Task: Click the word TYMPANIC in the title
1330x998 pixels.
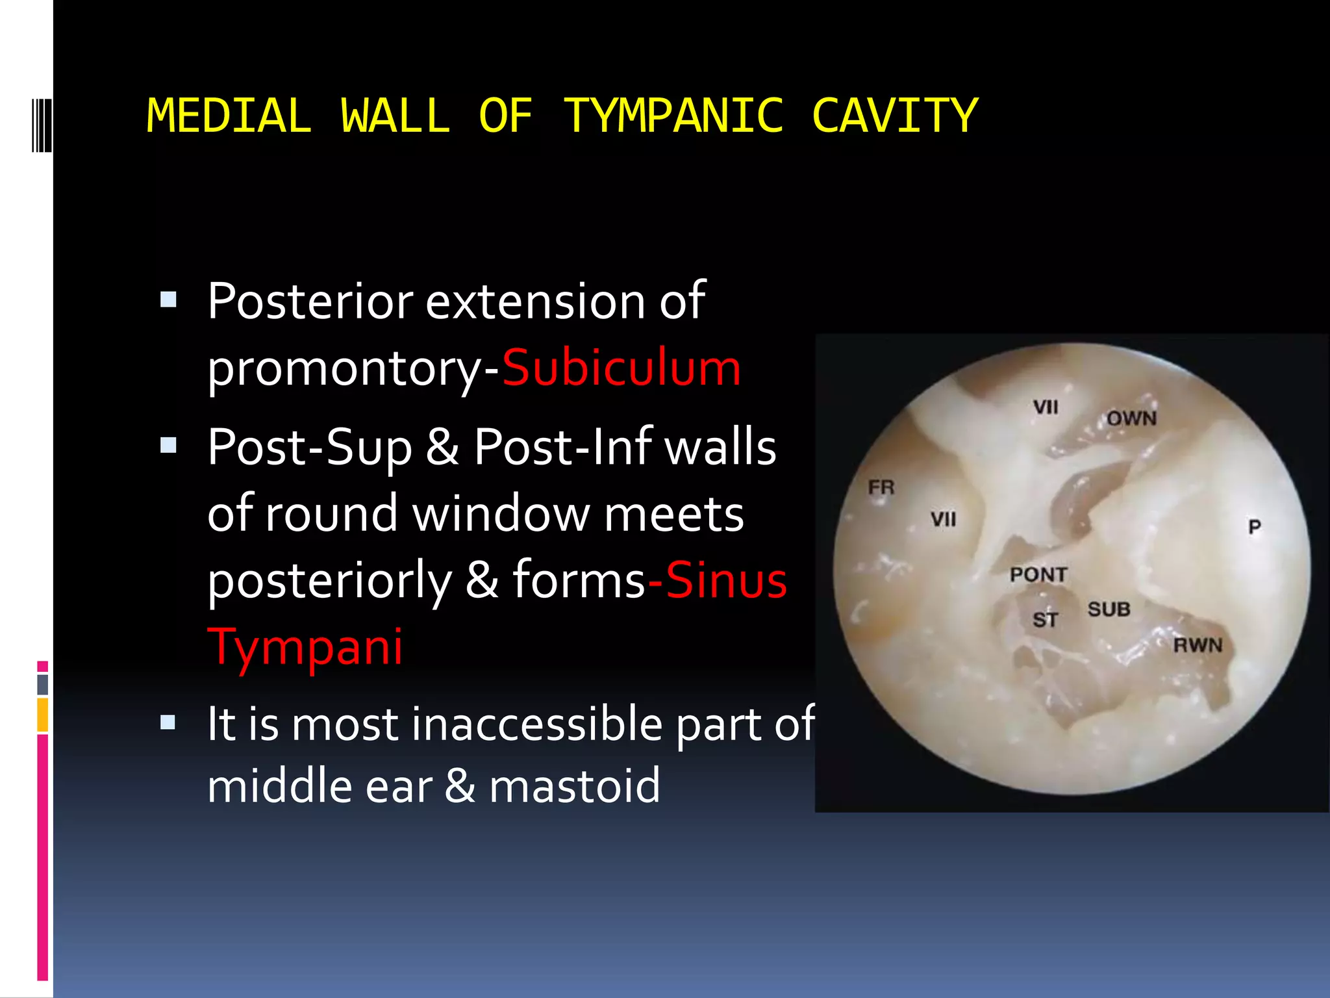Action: [x=673, y=116]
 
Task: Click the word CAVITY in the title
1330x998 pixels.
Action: [x=894, y=116]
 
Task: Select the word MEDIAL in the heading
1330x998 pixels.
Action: [x=229, y=116]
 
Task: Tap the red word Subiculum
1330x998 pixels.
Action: [x=621, y=368]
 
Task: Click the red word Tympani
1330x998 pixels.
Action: [x=305, y=646]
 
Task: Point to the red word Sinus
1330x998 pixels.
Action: [x=726, y=580]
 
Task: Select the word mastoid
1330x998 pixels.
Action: [x=574, y=786]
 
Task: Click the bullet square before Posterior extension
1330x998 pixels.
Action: [x=168, y=300]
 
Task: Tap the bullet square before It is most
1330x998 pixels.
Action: [x=168, y=722]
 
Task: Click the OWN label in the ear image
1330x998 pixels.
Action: [x=1131, y=418]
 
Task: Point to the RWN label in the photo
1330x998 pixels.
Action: [x=1198, y=645]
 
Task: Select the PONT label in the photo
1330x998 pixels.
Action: [x=1038, y=574]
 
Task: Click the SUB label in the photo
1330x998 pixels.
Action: [x=1109, y=609]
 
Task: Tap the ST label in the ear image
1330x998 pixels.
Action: [x=1045, y=620]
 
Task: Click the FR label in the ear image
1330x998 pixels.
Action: [x=881, y=487]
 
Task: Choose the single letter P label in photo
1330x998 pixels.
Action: [x=1255, y=526]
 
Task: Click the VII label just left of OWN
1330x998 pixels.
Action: [x=1046, y=407]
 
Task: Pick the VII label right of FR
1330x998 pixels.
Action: [x=943, y=519]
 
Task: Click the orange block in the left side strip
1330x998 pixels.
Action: [x=43, y=715]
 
